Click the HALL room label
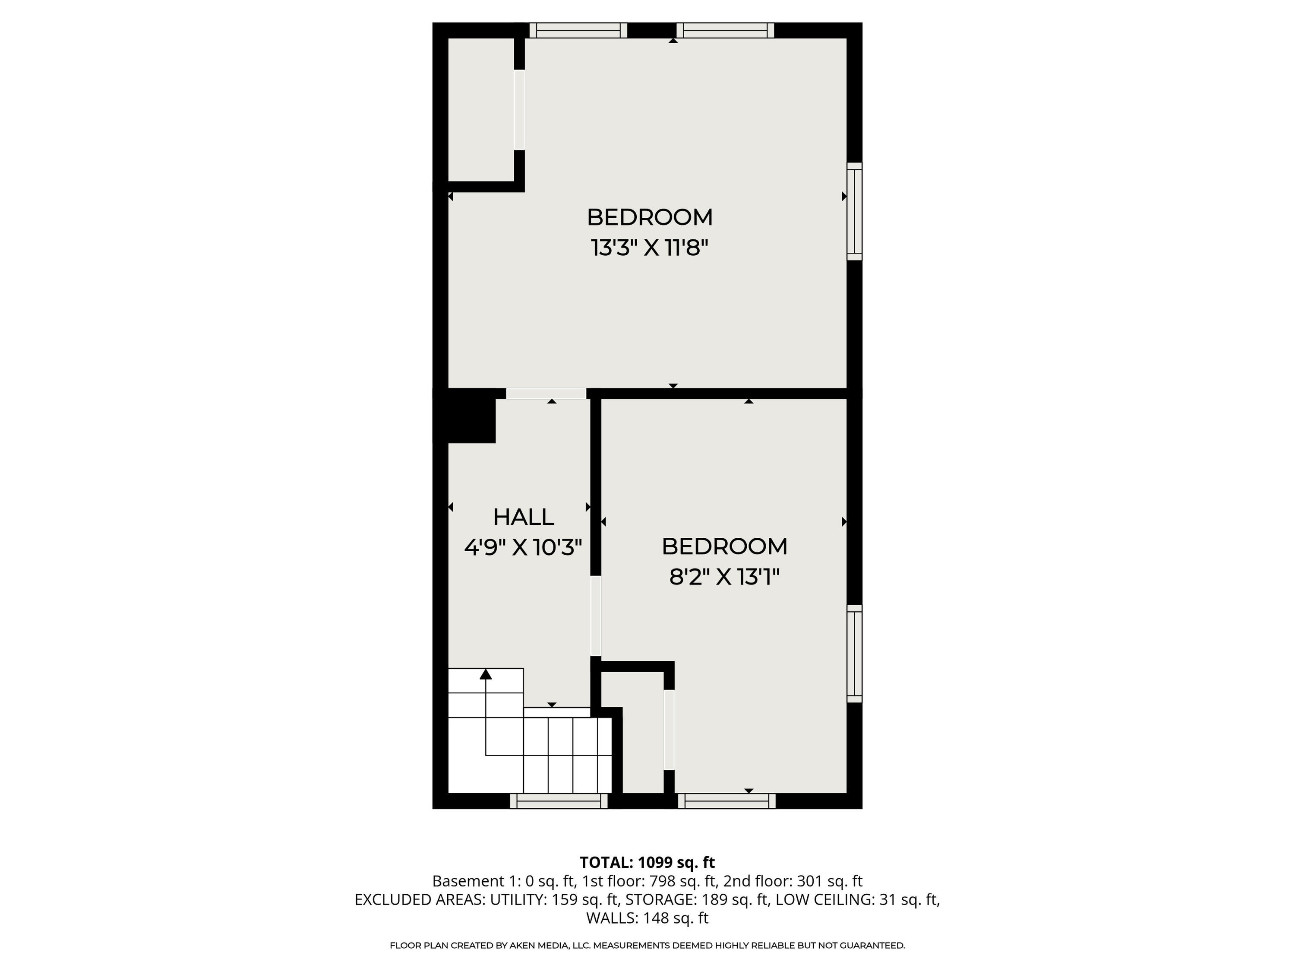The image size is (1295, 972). tap(523, 517)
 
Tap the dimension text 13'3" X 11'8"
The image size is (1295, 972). tap(649, 248)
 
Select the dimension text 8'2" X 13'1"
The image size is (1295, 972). tap(724, 577)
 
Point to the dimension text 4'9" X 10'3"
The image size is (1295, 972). tap(523, 547)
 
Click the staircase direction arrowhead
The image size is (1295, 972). tap(485, 674)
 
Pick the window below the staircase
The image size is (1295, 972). tap(559, 801)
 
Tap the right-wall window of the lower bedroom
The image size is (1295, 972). tap(855, 653)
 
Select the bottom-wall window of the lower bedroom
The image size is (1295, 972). tap(726, 801)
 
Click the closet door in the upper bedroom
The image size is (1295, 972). tap(519, 110)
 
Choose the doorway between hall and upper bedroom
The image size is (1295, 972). tap(546, 394)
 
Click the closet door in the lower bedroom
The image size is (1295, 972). tap(669, 730)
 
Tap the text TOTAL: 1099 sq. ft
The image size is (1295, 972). tap(647, 862)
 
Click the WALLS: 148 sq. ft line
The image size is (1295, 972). tap(647, 918)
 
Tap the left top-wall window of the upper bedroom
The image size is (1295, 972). tap(578, 31)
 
